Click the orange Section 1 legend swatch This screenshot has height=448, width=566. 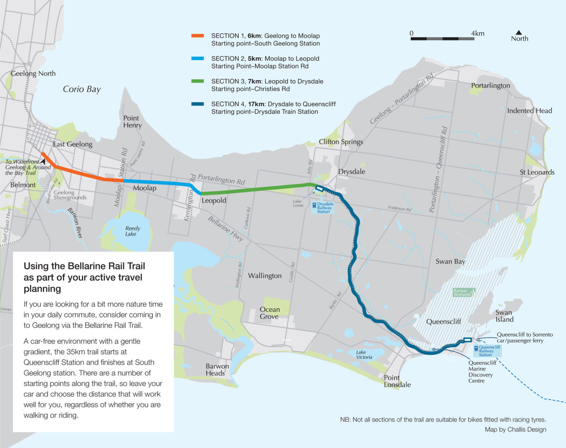click(198, 36)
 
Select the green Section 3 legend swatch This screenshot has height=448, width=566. click(198, 81)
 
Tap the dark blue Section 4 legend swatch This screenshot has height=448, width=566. click(198, 104)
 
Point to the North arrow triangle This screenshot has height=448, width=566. click(519, 33)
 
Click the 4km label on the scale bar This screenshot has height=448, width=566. click(478, 34)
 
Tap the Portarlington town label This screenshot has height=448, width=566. click(490, 86)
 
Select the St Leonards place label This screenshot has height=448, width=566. click(537, 172)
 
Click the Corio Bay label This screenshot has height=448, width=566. click(82, 89)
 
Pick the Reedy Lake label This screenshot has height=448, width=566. click(132, 231)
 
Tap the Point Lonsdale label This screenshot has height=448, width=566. click(397, 381)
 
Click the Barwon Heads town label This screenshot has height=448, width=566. click(217, 369)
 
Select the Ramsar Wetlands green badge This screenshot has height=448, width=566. click(464, 293)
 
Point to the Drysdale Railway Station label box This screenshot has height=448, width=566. click(323, 208)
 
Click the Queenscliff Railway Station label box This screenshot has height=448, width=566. click(488, 351)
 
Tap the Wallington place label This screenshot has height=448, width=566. click(265, 276)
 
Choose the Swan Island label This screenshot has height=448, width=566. click(504, 316)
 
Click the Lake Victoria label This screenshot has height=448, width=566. click(364, 355)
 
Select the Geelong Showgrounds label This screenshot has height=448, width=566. click(70, 195)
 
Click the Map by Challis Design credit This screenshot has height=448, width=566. click(515, 429)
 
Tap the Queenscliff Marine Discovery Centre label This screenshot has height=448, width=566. click(481, 372)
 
